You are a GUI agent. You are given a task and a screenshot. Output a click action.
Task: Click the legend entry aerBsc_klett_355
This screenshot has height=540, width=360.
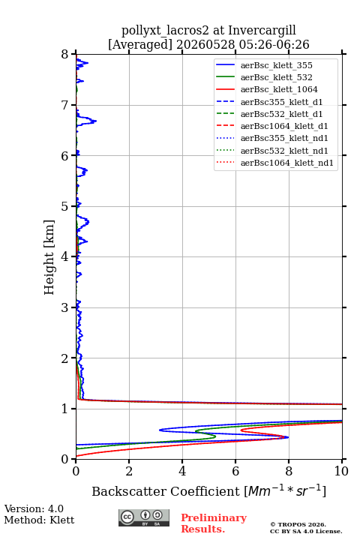point(276,65)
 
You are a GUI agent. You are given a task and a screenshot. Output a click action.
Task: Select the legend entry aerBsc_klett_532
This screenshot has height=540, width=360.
point(276,77)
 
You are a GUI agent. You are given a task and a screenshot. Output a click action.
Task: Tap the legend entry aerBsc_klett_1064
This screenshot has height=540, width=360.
point(279,89)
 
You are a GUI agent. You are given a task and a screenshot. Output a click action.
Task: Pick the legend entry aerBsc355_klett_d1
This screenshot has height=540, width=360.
point(281,102)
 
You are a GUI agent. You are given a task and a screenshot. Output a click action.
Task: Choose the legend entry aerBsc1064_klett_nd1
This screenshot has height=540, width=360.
point(287,163)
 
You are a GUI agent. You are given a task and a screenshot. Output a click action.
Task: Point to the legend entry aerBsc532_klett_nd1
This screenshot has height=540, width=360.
point(284,151)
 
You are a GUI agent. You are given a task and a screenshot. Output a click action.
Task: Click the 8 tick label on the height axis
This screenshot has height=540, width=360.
point(65,55)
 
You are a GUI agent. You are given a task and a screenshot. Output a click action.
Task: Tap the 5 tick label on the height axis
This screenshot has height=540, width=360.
point(65,206)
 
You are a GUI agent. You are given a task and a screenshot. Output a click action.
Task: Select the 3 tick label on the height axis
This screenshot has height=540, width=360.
point(65,307)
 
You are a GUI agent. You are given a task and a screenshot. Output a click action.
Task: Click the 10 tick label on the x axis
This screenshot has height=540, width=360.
point(341,471)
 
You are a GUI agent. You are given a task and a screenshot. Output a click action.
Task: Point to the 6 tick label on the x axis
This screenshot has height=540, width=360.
point(235,471)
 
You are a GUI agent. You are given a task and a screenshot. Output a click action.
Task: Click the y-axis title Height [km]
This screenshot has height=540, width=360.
point(49,257)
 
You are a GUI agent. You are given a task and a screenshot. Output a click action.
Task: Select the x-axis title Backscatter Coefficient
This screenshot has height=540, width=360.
point(166,491)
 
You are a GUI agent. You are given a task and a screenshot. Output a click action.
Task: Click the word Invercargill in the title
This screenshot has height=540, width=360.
point(262,30)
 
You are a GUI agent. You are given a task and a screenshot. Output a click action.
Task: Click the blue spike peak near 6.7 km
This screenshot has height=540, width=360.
point(96,121)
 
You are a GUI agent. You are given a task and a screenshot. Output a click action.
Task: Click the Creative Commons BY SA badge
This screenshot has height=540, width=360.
point(144,518)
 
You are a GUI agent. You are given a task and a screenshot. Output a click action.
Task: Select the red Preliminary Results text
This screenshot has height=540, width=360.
point(214,523)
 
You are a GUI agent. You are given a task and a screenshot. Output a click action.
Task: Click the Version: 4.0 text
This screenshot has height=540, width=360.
point(34,508)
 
